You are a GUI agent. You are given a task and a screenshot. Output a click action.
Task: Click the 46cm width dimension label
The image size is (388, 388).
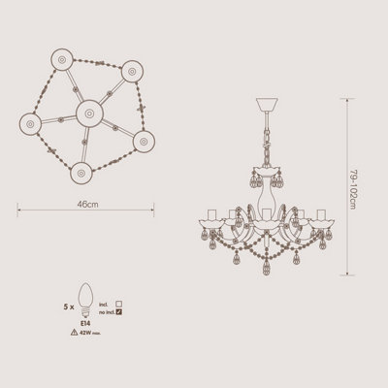(x=88, y=206)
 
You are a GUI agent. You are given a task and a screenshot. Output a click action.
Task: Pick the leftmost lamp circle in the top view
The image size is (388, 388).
(x=31, y=125)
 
